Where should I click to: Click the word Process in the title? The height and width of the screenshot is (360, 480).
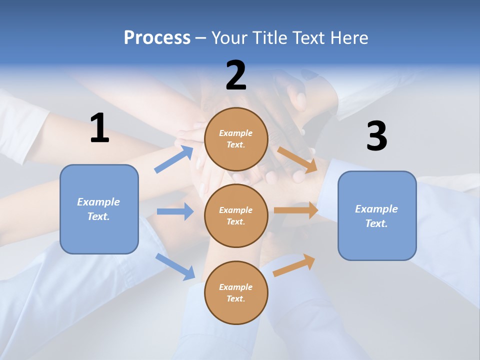157,38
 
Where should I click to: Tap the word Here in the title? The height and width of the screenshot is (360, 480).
348,38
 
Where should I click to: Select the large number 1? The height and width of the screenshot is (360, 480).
99,128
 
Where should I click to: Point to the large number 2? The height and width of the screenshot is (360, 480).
236,75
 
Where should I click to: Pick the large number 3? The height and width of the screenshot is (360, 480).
376,136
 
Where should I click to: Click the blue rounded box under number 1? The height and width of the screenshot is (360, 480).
99,209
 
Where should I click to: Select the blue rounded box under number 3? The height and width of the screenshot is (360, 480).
377,215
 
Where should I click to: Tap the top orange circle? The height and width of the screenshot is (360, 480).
236,139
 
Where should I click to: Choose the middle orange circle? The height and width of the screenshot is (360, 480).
236,215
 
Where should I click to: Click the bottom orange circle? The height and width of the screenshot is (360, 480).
236,292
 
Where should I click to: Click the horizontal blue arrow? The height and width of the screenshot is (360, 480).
175,211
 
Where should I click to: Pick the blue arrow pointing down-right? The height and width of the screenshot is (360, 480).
175,266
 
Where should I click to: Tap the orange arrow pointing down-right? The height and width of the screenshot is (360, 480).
297,159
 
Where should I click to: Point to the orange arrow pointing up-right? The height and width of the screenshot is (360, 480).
294,265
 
